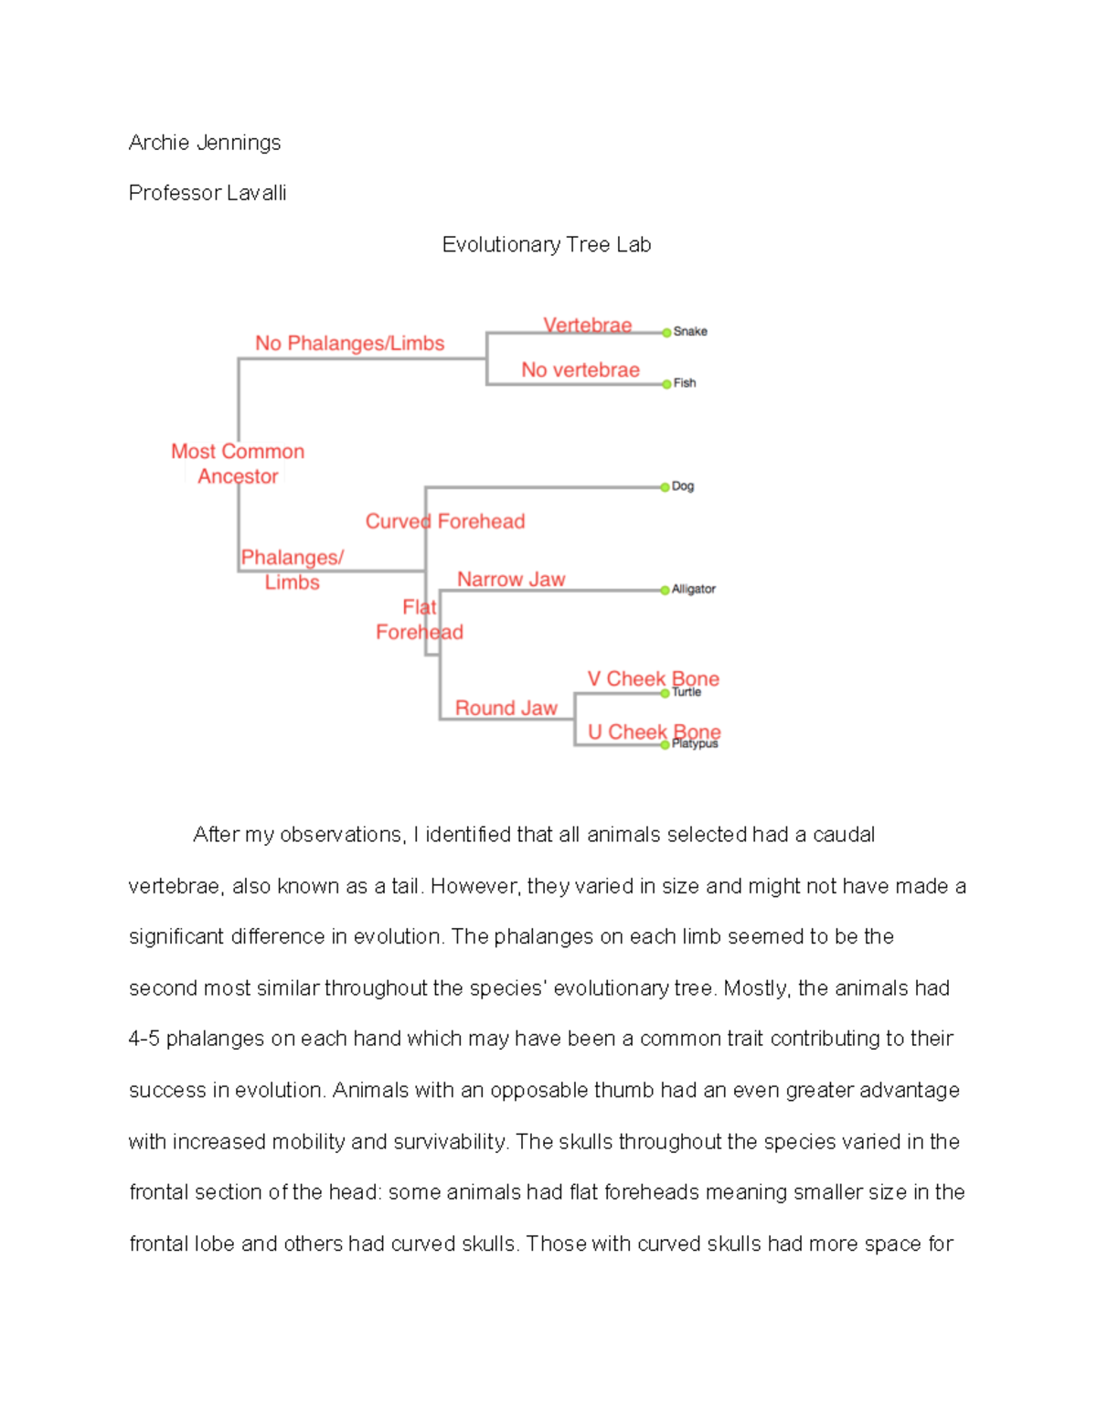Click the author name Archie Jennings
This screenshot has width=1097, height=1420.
(205, 143)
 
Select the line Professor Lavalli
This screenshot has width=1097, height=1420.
(208, 193)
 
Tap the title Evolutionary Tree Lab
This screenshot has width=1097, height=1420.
(547, 244)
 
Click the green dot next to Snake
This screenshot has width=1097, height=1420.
(666, 333)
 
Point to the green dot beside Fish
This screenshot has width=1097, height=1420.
(666, 384)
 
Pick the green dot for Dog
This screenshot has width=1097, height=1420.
(665, 487)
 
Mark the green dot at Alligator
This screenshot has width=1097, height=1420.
(665, 591)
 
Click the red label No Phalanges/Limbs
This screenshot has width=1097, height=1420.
(349, 343)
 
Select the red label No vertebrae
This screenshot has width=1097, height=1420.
(580, 369)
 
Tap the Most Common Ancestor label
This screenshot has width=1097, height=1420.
(238, 464)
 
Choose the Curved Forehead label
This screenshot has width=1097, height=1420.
(445, 521)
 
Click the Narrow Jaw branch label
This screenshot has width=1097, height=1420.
(511, 579)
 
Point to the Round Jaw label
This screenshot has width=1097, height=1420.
(506, 708)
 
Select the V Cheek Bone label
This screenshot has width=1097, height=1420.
(653, 678)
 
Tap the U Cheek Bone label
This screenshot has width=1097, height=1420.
(654, 731)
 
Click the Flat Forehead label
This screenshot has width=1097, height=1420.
(420, 620)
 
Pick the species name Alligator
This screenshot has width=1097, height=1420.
(694, 589)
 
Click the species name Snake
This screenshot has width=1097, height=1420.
(690, 331)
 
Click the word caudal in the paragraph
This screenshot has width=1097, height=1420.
(844, 834)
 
